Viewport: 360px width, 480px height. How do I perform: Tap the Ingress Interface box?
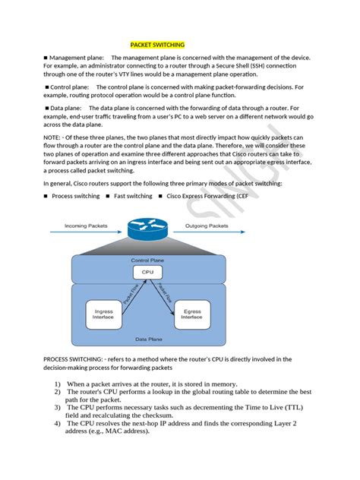[x=103, y=314]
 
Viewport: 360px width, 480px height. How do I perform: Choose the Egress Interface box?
[x=192, y=314]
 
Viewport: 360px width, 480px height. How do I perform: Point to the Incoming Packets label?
[x=86, y=226]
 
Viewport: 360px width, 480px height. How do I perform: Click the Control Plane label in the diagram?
[x=147, y=260]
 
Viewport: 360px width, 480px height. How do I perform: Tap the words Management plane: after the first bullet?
[x=77, y=57]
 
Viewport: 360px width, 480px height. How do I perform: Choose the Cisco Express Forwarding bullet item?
[x=210, y=196]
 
